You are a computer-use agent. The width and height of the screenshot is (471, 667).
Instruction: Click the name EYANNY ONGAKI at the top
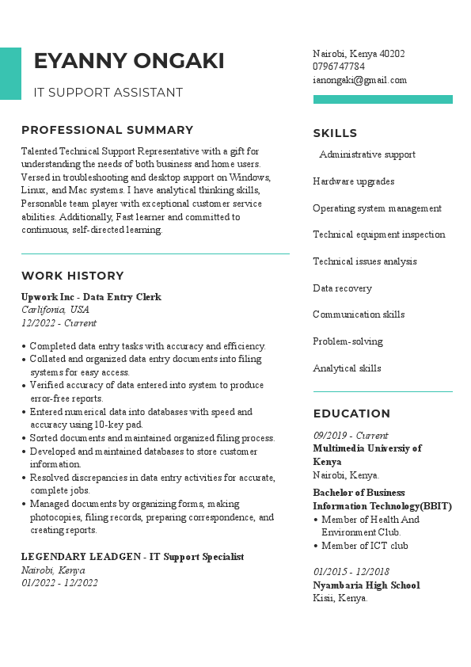click(129, 61)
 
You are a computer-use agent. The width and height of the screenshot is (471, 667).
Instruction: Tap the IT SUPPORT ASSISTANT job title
click(108, 93)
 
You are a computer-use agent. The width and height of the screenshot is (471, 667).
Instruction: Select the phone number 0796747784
click(339, 67)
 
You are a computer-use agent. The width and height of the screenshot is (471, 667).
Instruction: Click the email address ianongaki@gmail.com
click(359, 80)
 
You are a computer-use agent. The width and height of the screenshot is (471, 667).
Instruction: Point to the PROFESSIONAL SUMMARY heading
click(108, 130)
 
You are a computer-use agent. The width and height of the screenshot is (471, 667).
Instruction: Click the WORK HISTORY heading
click(73, 276)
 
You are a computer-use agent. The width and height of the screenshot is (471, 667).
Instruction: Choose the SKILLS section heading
click(335, 133)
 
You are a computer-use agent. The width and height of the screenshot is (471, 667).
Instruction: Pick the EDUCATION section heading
click(351, 414)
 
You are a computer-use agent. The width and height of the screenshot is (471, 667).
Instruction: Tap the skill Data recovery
click(342, 288)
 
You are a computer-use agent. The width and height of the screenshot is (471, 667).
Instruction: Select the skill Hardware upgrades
click(353, 181)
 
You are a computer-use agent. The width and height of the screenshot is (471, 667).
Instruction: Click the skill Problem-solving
click(348, 341)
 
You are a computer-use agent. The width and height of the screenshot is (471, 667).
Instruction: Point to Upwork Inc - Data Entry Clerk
click(91, 297)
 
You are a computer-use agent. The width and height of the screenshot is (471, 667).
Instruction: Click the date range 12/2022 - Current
click(59, 323)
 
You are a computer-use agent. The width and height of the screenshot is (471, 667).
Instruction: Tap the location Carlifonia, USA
click(55, 310)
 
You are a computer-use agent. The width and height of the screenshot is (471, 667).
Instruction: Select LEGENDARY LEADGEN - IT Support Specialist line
click(132, 557)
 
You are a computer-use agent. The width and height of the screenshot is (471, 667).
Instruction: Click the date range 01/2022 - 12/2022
click(59, 583)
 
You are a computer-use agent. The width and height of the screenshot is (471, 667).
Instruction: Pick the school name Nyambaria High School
click(366, 585)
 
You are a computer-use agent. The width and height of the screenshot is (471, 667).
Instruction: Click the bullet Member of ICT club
click(364, 546)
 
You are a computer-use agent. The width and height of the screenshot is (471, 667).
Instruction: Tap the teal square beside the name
click(10, 74)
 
